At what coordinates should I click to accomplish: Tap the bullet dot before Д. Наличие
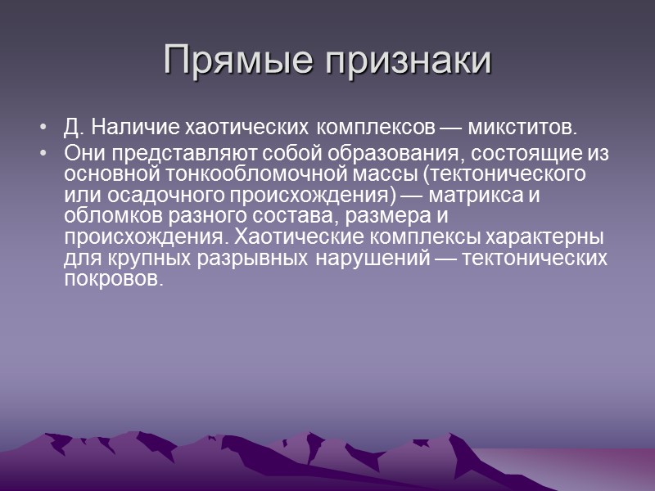(42, 128)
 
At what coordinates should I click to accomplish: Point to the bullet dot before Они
(42, 153)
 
